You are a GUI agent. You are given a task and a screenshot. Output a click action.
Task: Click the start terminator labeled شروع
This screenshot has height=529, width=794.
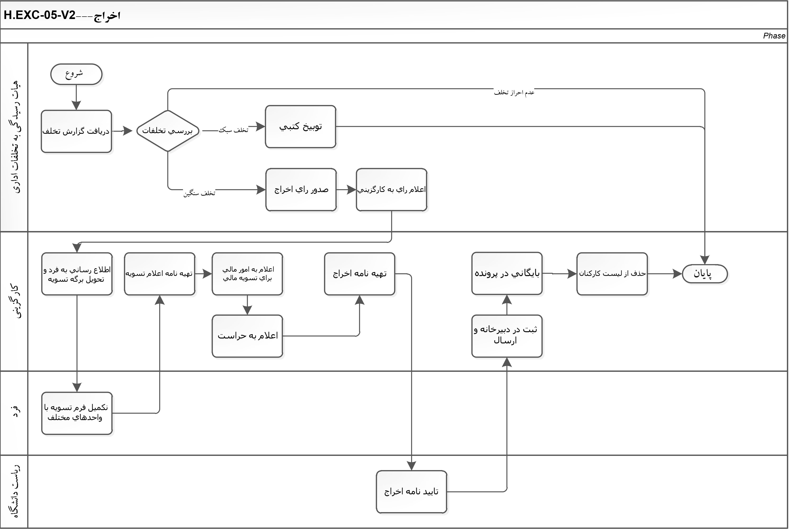click(77, 74)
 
